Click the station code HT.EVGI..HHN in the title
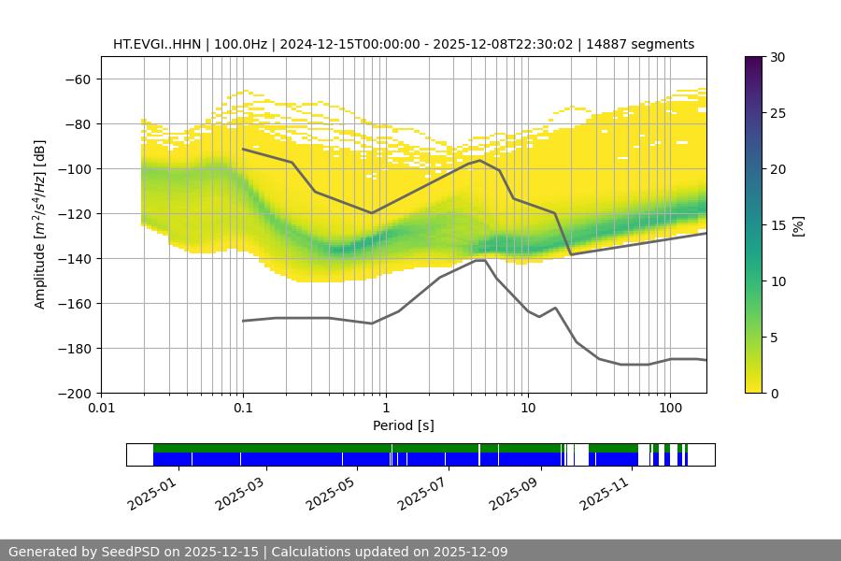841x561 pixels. [156, 44]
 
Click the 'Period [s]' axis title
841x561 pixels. [404, 426]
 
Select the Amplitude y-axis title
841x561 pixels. [40, 225]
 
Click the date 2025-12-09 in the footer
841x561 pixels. [471, 552]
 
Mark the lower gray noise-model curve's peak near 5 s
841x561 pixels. [479, 260]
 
